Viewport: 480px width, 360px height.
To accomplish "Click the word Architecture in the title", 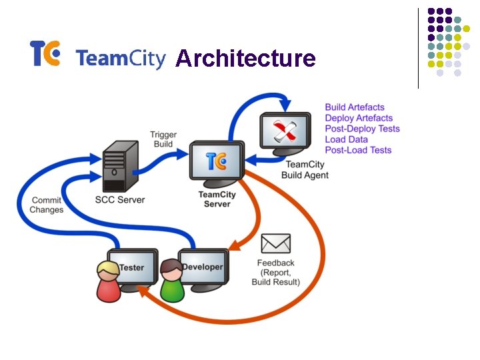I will click(245, 59).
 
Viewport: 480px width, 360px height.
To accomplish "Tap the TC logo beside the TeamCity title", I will click(45, 53).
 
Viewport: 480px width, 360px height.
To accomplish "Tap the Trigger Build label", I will click(163, 139).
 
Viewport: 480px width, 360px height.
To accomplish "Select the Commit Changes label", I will click(46, 205).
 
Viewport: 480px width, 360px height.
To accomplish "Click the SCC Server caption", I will click(120, 199).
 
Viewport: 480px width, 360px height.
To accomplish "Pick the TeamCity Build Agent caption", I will click(305, 170).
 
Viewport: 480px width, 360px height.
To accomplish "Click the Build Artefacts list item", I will click(355, 107).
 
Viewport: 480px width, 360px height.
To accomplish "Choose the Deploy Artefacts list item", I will click(359, 118).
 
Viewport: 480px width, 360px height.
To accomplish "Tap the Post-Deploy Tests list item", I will click(362, 129).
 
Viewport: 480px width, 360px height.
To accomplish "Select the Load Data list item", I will click(346, 139).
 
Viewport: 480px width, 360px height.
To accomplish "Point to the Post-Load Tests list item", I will click(358, 150).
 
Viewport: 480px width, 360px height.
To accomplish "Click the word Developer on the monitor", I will click(203, 267).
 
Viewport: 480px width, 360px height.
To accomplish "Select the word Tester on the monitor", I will click(132, 267).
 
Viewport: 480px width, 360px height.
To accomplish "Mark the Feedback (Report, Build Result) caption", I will click(275, 272).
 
